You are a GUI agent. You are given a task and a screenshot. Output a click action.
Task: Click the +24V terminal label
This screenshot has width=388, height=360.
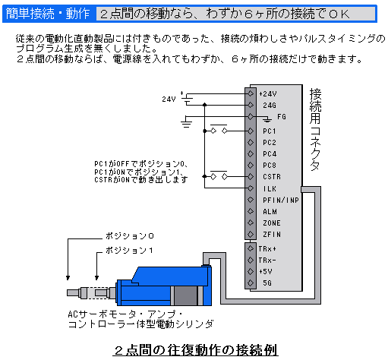coord(268,94)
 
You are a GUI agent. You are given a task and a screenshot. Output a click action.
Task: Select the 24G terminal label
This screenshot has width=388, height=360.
coord(270,106)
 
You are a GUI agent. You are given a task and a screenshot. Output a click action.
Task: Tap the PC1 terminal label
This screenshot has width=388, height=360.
coord(269,131)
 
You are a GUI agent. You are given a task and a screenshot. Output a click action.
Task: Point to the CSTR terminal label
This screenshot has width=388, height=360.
coord(272,177)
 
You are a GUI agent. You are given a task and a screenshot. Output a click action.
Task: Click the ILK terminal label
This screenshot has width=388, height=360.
coord(270,189)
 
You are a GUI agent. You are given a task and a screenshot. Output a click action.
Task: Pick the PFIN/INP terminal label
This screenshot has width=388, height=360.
coord(281,201)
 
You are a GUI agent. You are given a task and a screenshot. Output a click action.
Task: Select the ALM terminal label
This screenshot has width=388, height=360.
coord(270,212)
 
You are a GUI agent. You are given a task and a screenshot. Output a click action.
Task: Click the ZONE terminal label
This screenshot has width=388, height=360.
coord(272,223)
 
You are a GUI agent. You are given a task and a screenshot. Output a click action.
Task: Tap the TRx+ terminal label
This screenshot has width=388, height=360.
coord(267,249)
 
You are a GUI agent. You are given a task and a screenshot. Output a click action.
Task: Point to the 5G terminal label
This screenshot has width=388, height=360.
coord(267,283)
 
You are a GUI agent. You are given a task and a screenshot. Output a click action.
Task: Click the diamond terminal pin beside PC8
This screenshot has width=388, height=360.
coord(251,165)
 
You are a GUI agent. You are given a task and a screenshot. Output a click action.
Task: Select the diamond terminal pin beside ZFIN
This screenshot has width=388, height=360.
coord(251,234)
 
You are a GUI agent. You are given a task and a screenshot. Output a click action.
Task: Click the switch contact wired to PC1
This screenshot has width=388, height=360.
coord(219,129)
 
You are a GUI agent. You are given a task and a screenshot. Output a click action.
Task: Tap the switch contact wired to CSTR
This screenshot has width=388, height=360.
coord(219,175)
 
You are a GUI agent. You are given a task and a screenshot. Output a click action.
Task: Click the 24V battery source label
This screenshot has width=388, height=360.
coord(169,99)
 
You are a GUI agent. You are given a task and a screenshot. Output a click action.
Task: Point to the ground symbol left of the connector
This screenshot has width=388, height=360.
coord(186,122)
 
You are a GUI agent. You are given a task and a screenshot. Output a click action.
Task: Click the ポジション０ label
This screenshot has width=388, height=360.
coord(130,236)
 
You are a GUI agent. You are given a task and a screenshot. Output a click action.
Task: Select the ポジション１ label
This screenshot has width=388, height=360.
coord(129,251)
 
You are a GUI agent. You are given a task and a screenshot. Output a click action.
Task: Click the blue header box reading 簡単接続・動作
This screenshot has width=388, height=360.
coord(48,14)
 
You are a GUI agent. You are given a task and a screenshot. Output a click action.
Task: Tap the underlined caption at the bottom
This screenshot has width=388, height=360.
coord(195,350)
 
